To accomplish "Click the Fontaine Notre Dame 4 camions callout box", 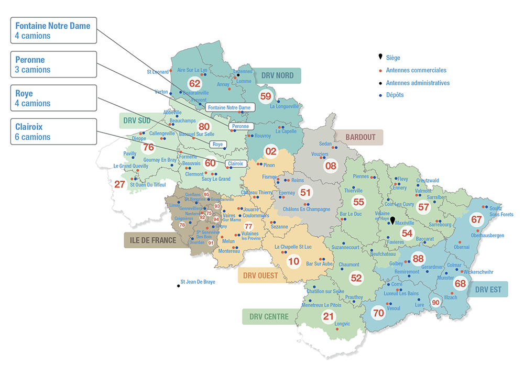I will pos(53,30).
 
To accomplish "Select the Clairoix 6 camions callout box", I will pos(53,131).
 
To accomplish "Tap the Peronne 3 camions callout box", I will pos(53,64).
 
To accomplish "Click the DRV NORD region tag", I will pos(278,76).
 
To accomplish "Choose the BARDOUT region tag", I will pos(361,138).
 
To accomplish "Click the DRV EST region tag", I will pos(488,289).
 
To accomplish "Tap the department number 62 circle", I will pos(195,84).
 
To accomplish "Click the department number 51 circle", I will pos(305,193).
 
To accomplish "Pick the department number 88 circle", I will pos(418,259).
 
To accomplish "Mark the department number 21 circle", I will pos(329,316).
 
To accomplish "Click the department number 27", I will pos(119,184).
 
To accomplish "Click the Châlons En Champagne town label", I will pos(307,209).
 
